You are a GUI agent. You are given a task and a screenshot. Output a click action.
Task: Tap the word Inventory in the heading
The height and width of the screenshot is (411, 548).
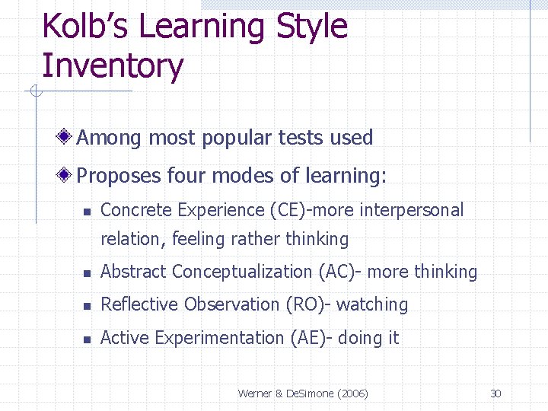(x=113, y=66)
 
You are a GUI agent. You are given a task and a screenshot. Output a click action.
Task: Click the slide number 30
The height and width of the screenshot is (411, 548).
(x=495, y=393)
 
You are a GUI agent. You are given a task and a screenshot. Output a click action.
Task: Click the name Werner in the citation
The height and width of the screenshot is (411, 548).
(x=254, y=393)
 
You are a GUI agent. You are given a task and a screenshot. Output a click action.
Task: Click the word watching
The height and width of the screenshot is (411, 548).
(x=372, y=305)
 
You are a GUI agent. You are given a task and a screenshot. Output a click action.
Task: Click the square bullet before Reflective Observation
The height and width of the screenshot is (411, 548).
(x=88, y=306)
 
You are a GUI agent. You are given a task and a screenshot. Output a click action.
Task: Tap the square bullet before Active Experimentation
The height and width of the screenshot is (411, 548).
(x=88, y=339)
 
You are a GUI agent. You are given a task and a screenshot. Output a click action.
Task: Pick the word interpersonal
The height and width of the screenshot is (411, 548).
(x=413, y=210)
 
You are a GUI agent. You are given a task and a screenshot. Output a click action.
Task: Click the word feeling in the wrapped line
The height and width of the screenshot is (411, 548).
(x=199, y=239)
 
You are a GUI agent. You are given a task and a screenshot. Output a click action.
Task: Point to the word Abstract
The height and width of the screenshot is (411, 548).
(x=133, y=272)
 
